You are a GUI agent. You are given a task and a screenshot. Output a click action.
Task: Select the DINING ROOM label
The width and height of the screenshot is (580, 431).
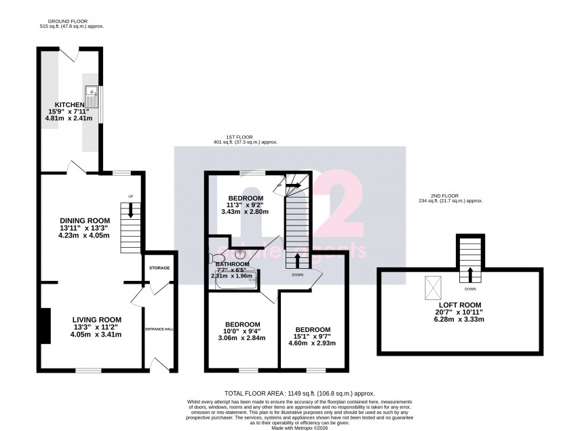pyautogui.click(x=85, y=221)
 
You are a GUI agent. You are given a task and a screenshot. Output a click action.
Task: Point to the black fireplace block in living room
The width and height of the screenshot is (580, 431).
pyautogui.click(x=45, y=326)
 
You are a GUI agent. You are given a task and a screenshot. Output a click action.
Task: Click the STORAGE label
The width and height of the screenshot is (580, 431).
pyautogui.click(x=159, y=267)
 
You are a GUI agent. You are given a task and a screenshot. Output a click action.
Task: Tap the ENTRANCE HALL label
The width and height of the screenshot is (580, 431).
pyautogui.click(x=159, y=329)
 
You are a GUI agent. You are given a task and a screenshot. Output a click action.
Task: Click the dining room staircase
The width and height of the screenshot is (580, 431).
pyautogui.click(x=131, y=224)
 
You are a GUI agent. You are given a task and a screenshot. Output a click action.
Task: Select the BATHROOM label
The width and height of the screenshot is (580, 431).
pyautogui.click(x=233, y=264)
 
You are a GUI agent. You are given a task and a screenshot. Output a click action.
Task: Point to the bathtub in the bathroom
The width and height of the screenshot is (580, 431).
pyautogui.click(x=233, y=285)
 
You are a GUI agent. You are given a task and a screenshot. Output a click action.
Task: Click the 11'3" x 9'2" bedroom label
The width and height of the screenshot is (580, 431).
pyautogui.click(x=245, y=198)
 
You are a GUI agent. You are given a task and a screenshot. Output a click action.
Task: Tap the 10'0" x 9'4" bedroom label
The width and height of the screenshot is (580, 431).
pyautogui.click(x=242, y=324)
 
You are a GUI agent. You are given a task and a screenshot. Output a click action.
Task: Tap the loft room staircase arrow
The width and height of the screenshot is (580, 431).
pyautogui.click(x=469, y=274)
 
